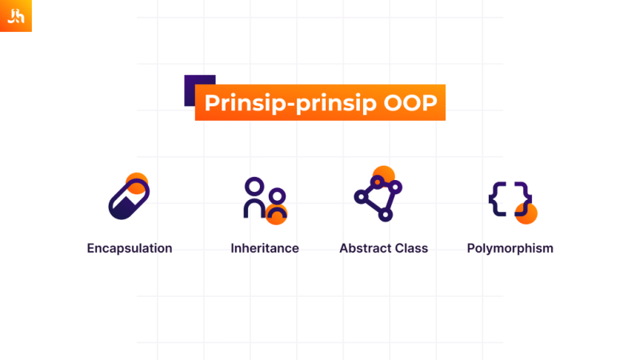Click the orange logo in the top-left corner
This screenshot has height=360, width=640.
16,16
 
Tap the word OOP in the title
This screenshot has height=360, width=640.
409,104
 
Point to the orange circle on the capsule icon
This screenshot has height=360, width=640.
138,182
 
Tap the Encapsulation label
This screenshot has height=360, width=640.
130,248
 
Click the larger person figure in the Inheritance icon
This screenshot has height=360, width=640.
254,198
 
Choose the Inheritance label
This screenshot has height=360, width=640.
265,248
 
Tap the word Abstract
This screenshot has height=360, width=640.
364,248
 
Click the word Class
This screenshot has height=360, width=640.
410,248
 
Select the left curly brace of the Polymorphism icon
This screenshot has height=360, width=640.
497,199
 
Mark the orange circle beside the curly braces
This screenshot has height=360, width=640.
527,214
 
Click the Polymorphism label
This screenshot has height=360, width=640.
510,248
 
